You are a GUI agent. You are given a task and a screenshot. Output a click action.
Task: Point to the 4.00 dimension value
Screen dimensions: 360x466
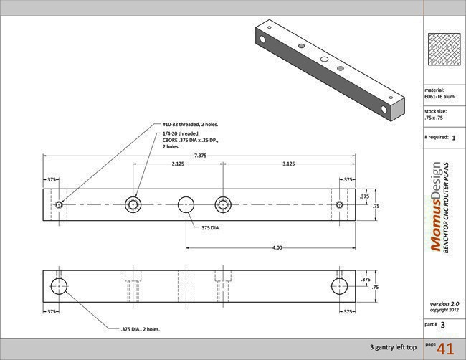(x=277, y=247)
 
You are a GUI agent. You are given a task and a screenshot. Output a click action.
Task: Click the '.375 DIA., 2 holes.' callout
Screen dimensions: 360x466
(x=140, y=329)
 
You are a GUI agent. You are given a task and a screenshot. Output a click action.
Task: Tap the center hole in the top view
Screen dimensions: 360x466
(x=187, y=204)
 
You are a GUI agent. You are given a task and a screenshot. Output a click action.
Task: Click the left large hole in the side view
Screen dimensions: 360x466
(x=59, y=287)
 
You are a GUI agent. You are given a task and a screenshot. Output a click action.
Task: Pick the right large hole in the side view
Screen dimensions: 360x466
(x=340, y=287)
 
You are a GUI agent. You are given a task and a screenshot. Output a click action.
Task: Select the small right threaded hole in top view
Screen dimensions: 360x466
(x=340, y=204)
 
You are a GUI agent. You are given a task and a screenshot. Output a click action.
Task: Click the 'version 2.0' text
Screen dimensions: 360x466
(x=444, y=303)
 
